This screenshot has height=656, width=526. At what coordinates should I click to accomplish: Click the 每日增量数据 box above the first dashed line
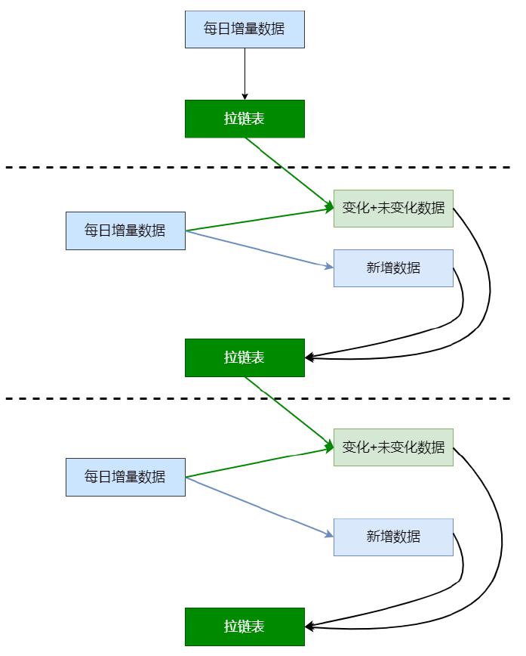245,29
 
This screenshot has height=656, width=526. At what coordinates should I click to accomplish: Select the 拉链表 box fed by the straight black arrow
245,119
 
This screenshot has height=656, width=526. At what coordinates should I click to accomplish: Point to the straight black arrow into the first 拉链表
245,74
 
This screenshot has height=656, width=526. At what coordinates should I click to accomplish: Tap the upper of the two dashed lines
258,167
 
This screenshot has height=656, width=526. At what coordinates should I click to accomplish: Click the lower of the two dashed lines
258,399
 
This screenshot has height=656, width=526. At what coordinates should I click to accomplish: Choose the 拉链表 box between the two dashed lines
245,357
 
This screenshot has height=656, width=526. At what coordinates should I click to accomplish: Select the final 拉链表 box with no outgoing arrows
245,627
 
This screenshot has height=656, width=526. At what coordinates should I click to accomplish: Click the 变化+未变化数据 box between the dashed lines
394,209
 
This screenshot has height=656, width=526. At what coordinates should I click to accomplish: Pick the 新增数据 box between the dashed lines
394,268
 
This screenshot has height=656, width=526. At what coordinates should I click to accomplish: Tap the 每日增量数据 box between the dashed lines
125,231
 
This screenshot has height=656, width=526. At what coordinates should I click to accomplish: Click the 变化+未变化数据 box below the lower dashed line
394,447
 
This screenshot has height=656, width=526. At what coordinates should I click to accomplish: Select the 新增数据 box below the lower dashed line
394,537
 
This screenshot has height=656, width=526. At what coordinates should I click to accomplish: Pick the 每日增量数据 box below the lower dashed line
125,478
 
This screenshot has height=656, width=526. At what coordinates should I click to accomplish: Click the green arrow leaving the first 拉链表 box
289,172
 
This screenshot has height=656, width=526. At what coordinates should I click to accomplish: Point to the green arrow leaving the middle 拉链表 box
289,412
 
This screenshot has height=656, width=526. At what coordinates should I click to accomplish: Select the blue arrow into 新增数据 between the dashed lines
260,249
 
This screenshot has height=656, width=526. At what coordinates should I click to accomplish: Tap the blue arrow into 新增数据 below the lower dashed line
260,506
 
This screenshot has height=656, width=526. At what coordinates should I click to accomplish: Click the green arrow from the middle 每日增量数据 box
260,219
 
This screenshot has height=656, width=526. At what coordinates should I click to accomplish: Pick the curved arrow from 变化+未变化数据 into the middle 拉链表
490,293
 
